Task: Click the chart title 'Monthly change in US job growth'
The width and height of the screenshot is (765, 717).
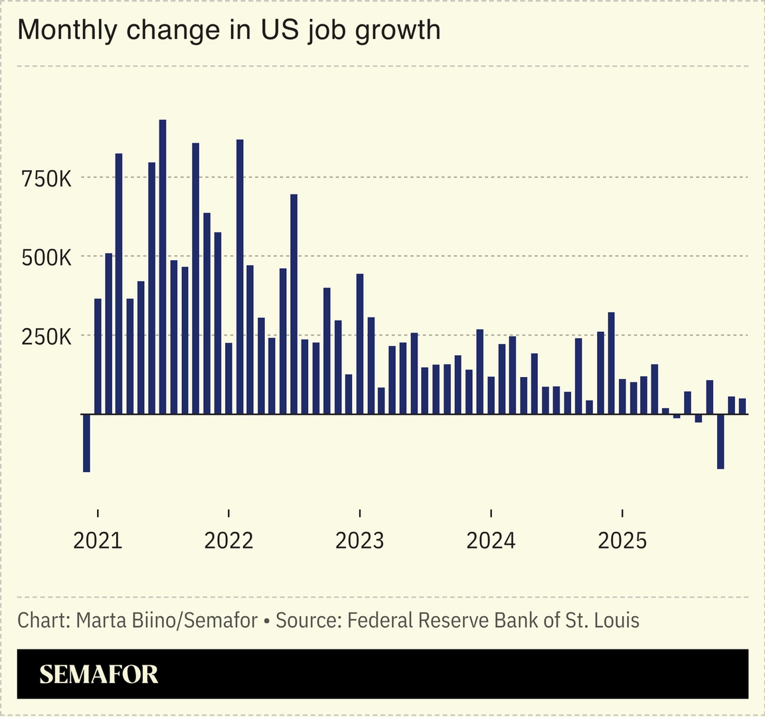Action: pyautogui.click(x=228, y=31)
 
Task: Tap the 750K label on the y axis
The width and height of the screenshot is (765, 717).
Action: pyautogui.click(x=46, y=179)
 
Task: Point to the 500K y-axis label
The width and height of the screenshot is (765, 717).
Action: pyautogui.click(x=46, y=258)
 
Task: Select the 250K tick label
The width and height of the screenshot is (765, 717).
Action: pyautogui.click(x=46, y=337)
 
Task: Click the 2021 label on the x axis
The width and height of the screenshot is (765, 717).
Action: pyautogui.click(x=98, y=540)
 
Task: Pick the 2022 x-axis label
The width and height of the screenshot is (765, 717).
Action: pyautogui.click(x=228, y=540)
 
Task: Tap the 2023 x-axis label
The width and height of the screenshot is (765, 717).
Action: pyautogui.click(x=359, y=540)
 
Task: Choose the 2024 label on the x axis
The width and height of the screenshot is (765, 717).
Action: pyautogui.click(x=491, y=540)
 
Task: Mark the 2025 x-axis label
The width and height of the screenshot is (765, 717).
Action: pyautogui.click(x=622, y=540)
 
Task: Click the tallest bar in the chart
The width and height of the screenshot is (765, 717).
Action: pyautogui.click(x=163, y=266)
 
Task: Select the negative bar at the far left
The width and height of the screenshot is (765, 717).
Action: pyautogui.click(x=86, y=443)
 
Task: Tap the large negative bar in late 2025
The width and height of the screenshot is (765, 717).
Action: pyautogui.click(x=721, y=441)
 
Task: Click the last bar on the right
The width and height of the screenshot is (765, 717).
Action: pyautogui.click(x=742, y=406)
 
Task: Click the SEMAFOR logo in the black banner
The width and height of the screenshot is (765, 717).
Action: pyautogui.click(x=98, y=675)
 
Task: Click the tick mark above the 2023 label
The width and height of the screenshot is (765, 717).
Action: pyautogui.click(x=359, y=513)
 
